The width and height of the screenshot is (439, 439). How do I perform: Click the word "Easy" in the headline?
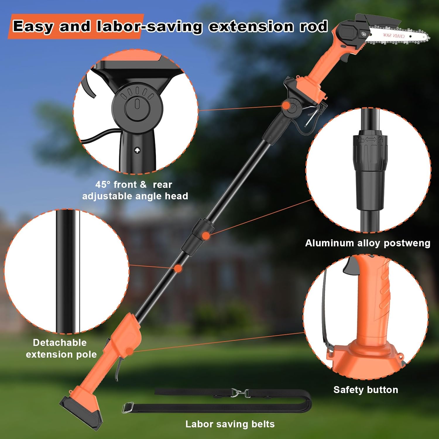33,26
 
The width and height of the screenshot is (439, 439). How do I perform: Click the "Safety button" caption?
366,390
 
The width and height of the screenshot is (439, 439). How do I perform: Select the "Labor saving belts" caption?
230,424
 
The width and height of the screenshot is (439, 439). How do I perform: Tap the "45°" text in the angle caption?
103,184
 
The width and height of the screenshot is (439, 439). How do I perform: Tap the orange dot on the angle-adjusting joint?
286,105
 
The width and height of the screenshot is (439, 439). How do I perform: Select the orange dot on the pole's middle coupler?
206,236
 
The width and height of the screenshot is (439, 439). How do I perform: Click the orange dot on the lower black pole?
178,268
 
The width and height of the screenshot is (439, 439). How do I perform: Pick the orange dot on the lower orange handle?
129,351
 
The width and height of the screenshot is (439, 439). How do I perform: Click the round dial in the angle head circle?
137,107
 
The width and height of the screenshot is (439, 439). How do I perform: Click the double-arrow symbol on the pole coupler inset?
371,140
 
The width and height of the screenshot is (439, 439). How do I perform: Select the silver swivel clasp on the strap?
238,393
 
